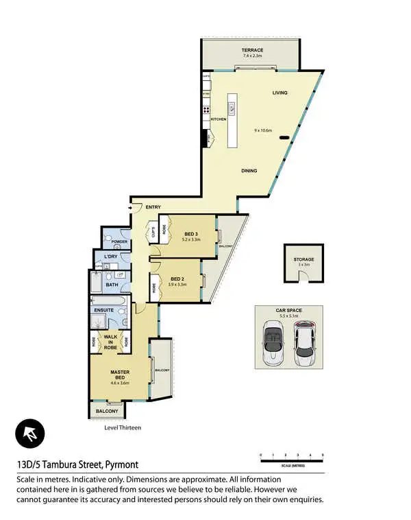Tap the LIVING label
coord(279,93)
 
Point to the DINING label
coord(249,171)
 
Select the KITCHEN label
coord(219,119)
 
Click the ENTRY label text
coord(153,207)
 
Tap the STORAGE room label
coord(303,260)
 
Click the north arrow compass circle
coord(30,434)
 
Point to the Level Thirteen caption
coord(123,427)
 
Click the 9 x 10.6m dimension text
coord(263,130)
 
